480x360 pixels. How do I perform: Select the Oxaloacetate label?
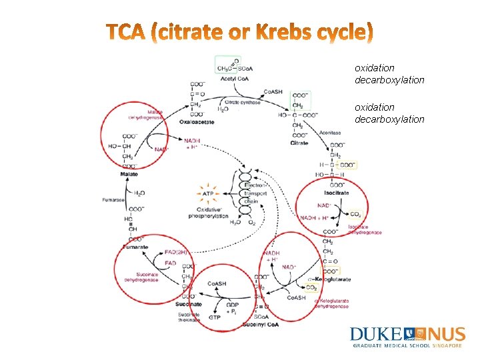click(x=197, y=122)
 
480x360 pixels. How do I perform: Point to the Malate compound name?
click(x=129, y=174)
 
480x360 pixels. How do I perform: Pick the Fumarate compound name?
click(x=136, y=247)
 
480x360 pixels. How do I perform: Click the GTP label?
click(x=214, y=318)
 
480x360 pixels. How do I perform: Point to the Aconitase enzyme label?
click(x=329, y=133)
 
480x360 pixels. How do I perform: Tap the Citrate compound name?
click(x=299, y=143)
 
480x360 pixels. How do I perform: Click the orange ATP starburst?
click(x=207, y=193)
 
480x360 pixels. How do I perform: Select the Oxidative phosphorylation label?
click(x=208, y=213)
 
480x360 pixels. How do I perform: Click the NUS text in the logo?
click(x=447, y=334)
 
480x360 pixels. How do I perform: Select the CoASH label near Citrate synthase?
click(x=276, y=92)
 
